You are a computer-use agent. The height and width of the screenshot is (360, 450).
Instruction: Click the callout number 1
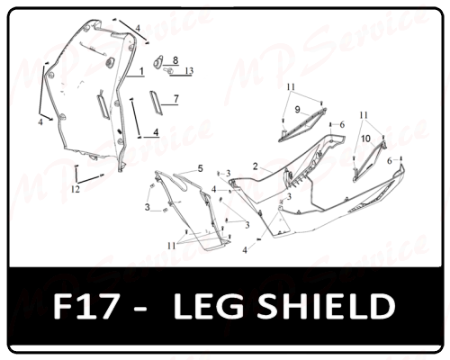coord(141,71)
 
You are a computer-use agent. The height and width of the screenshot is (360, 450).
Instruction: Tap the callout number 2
coord(256,166)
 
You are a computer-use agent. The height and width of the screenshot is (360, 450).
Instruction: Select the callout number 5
coord(201,169)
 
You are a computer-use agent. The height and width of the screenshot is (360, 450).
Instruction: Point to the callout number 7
coord(176,99)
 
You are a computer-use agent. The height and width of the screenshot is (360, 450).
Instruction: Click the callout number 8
coord(175,60)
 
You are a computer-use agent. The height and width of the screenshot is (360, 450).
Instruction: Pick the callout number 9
coord(297,110)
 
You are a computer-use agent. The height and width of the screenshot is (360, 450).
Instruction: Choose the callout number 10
coord(365,139)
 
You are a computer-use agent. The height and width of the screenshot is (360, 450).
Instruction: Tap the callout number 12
coord(76,189)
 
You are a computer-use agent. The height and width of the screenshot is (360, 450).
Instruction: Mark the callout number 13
coord(189,71)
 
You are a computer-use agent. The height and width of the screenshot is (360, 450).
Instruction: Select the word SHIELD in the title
coord(326,306)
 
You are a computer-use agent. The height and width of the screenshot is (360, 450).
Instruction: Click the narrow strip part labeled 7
coord(157,103)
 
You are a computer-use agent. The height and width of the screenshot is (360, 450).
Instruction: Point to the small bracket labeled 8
coord(158,61)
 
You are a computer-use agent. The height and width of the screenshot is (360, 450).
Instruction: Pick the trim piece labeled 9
coord(302,125)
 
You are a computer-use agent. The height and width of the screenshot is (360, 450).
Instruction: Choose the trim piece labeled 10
coord(369,160)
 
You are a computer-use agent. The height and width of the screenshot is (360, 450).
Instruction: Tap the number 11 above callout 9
coord(291,87)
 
